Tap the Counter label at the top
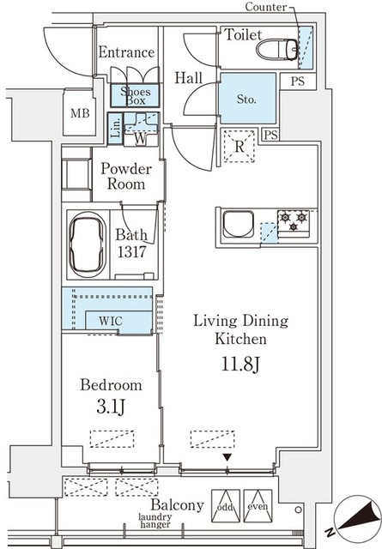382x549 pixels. [x=266, y=8]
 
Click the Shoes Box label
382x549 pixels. [x=132, y=94]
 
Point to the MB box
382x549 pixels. [x=79, y=113]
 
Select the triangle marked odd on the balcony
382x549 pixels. [x=225, y=503]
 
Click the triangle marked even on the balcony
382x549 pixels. [x=258, y=503]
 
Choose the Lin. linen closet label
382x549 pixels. [x=116, y=130]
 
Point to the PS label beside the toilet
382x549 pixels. [x=297, y=81]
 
